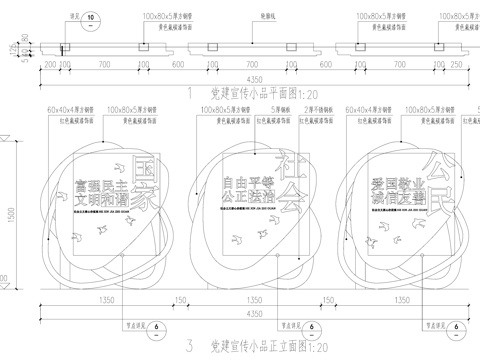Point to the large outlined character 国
[144, 166]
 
